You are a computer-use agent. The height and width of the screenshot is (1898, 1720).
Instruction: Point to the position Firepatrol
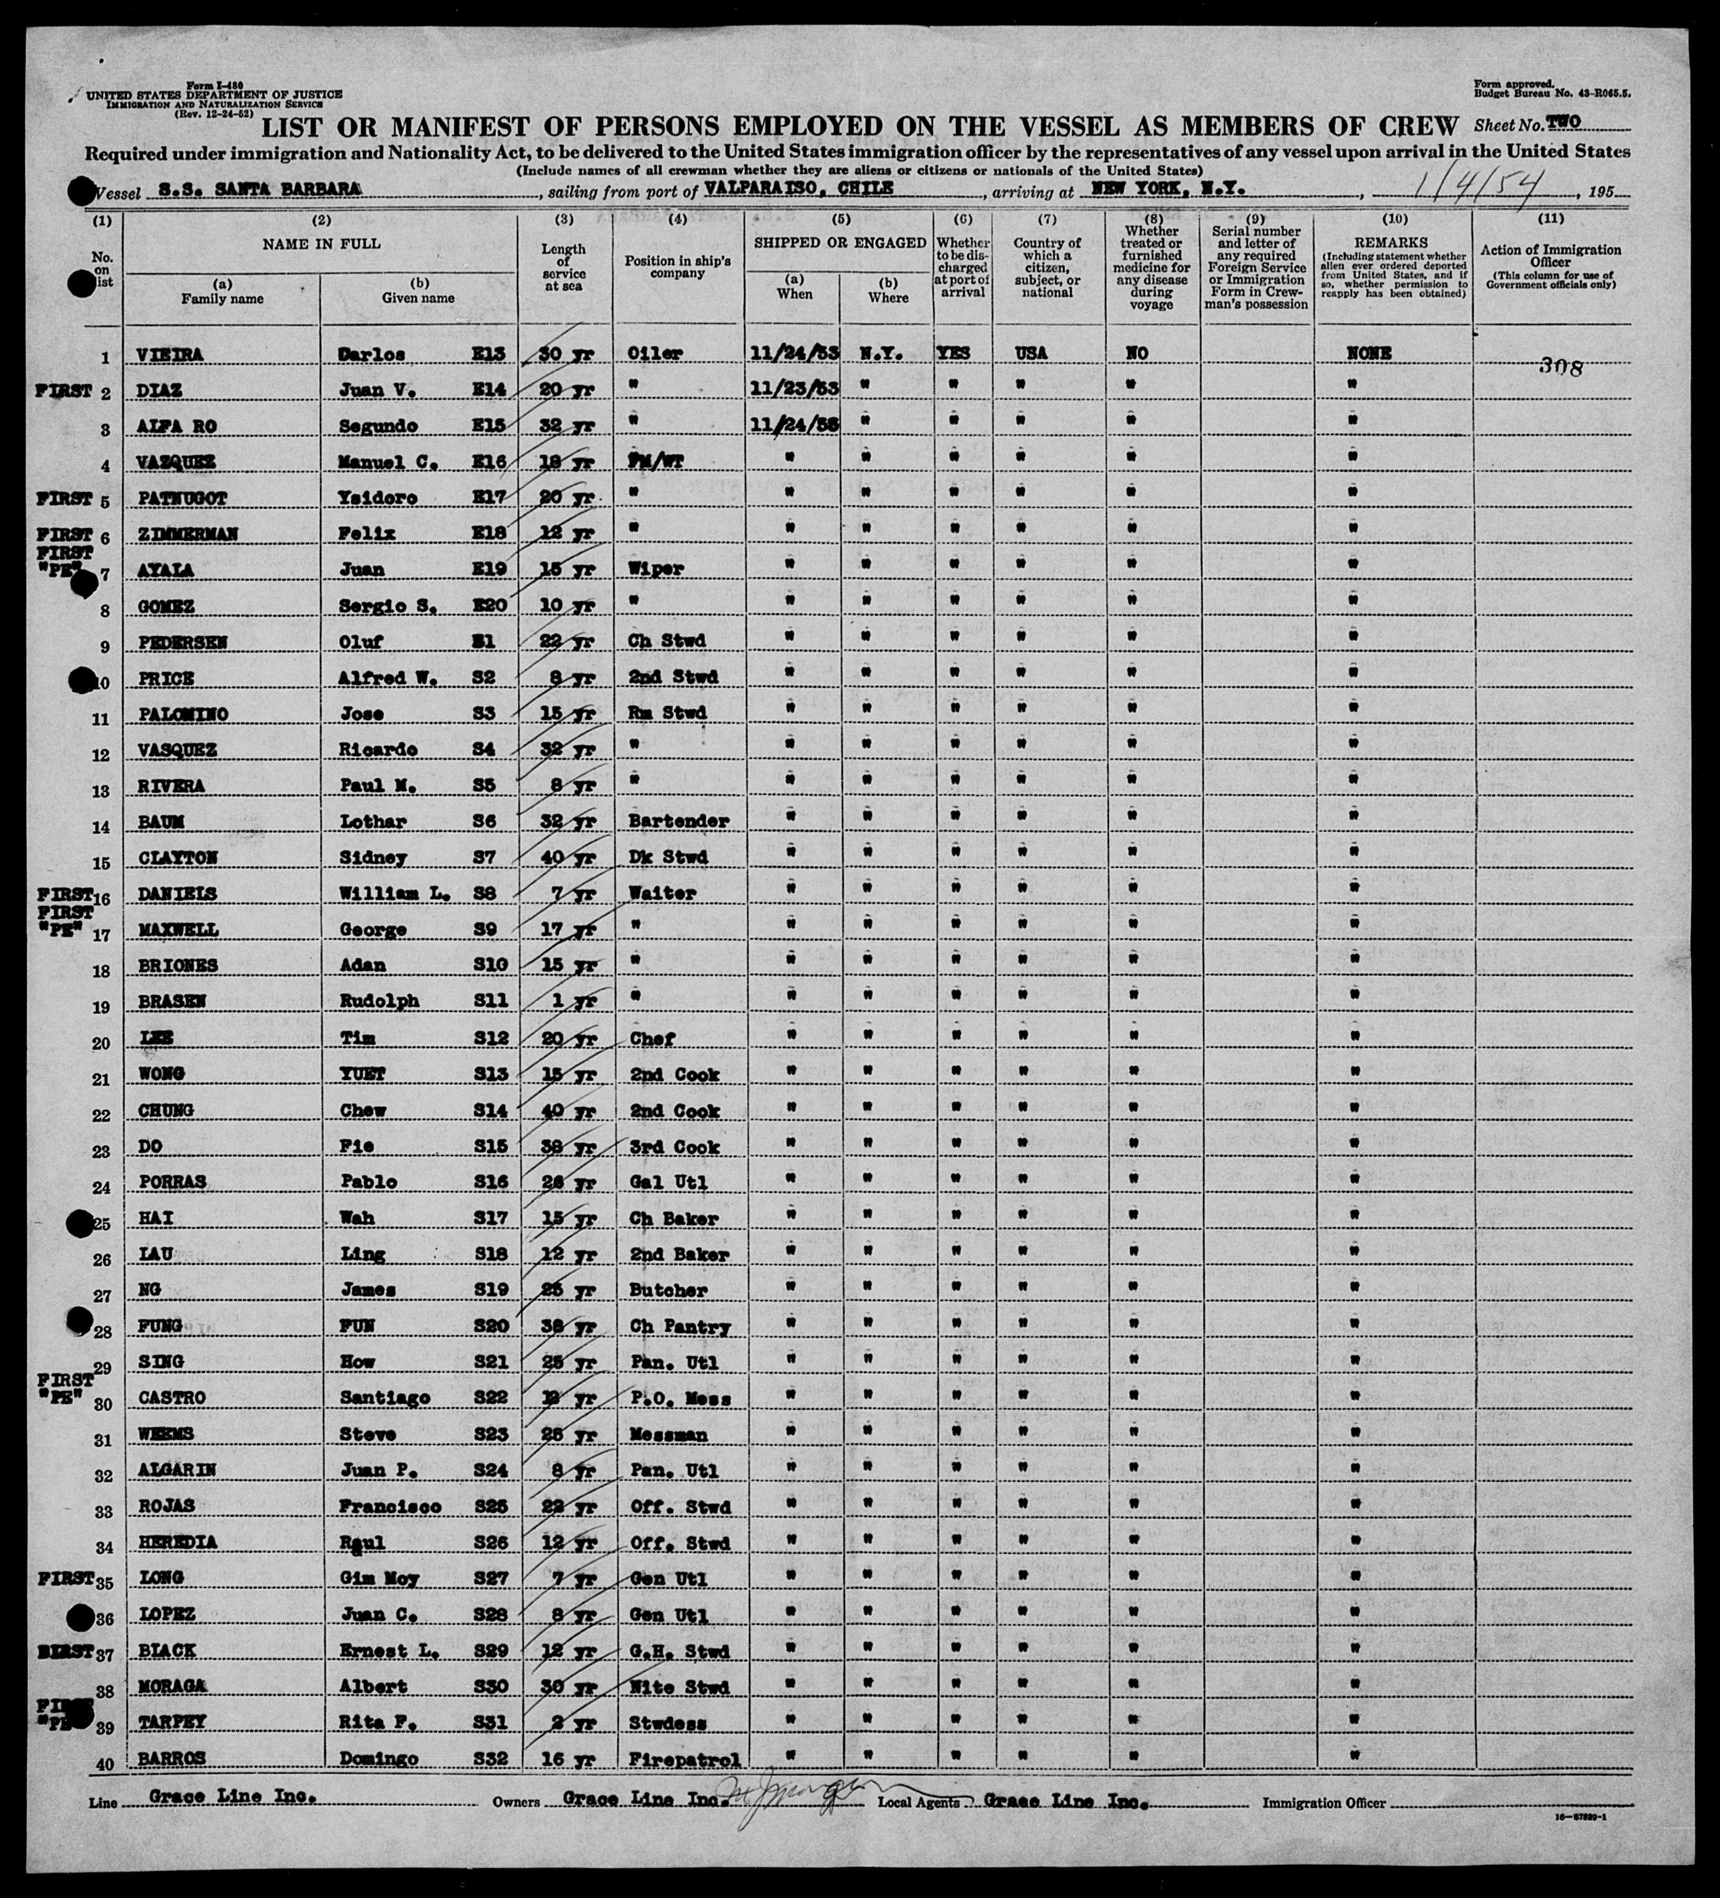(x=680, y=1759)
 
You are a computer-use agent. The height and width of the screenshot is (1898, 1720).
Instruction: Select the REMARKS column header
(x=1393, y=243)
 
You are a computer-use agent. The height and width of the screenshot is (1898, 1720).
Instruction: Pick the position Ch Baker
(x=669, y=1218)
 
